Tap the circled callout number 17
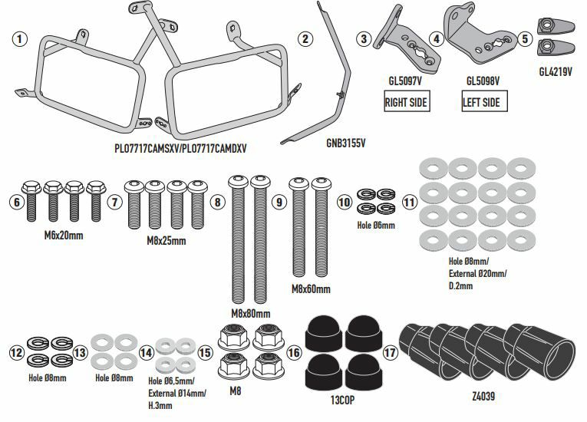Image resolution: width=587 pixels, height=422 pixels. point(391,354)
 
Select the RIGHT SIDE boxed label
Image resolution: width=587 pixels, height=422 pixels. point(406,101)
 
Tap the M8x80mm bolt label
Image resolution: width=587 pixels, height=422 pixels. point(250,314)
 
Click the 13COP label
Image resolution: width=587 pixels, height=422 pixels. point(344,399)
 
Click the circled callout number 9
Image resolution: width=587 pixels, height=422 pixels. point(279,202)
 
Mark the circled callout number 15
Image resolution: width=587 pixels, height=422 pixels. point(204,354)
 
